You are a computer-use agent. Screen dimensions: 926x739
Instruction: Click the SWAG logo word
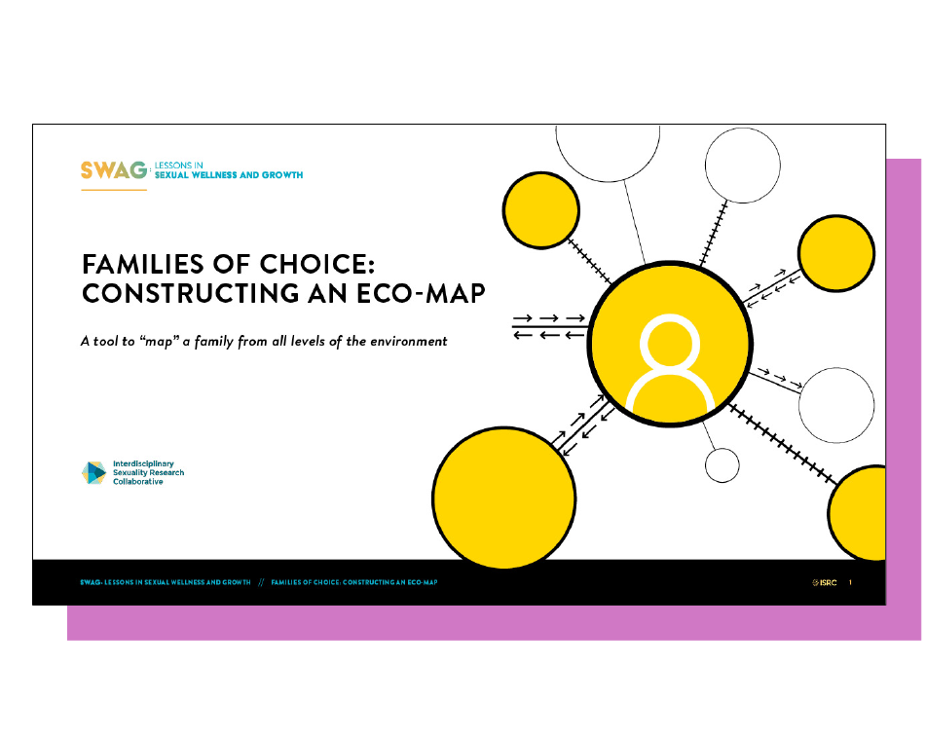tap(113, 170)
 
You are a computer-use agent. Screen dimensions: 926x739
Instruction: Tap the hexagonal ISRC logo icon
tap(93, 472)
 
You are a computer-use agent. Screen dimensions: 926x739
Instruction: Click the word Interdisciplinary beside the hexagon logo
tap(143, 463)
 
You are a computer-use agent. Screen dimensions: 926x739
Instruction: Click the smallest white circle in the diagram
tap(722, 465)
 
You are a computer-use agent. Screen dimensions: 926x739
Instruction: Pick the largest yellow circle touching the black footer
tap(503, 498)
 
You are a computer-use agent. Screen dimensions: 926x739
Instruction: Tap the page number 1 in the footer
tap(850, 582)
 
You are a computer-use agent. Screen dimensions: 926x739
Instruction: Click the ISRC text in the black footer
tap(828, 583)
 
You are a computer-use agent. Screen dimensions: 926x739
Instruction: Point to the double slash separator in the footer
tap(261, 582)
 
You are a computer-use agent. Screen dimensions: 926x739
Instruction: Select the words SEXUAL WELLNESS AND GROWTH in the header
tap(229, 175)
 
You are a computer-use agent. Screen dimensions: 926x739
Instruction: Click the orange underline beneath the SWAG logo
tap(113, 190)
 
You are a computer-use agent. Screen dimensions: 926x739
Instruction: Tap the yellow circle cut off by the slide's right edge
tap(856, 513)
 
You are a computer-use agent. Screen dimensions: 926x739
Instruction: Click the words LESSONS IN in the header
tap(179, 166)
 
